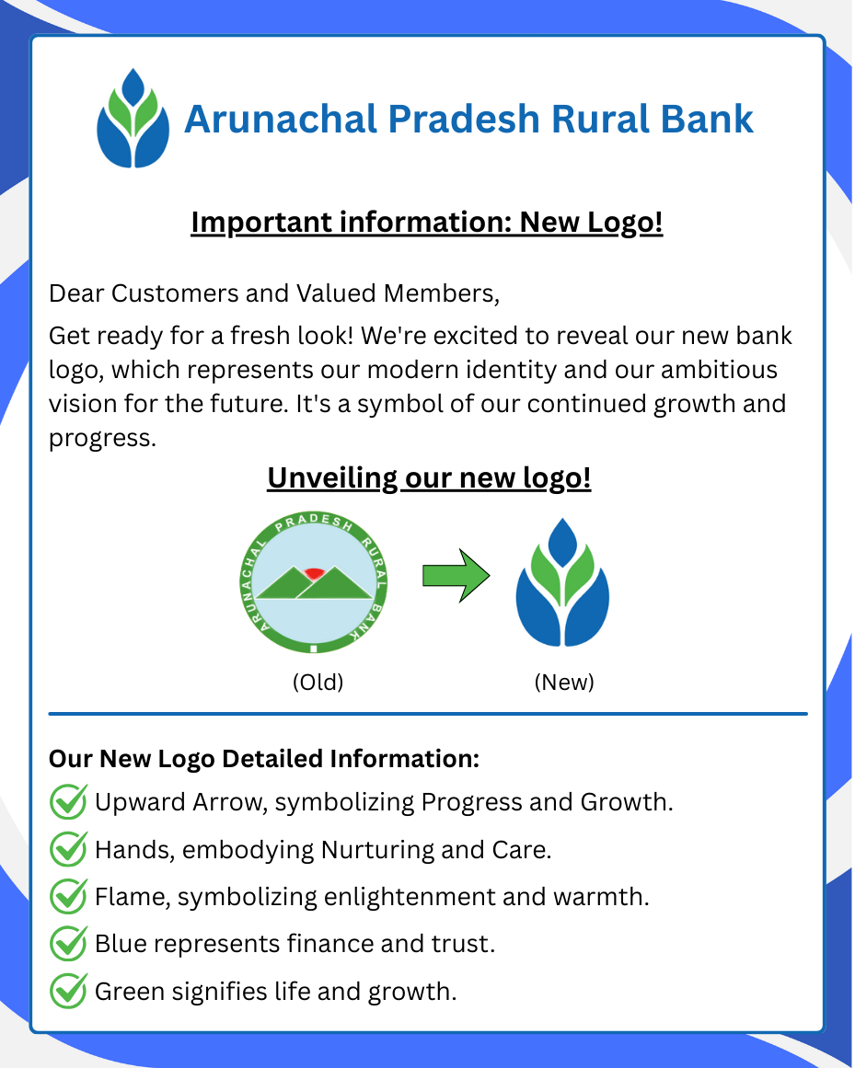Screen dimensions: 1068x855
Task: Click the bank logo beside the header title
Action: (133, 119)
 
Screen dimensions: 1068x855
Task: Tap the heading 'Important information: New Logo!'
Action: (427, 223)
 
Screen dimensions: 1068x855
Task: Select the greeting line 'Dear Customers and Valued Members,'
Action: (274, 293)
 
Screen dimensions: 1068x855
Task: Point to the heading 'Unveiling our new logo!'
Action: (429, 478)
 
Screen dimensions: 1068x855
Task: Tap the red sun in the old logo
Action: (315, 573)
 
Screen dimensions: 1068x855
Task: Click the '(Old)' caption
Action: (318, 683)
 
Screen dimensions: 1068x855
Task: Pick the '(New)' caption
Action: (564, 683)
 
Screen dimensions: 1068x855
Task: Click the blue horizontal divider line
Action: (428, 713)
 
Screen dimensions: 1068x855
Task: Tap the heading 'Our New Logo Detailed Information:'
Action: (264, 759)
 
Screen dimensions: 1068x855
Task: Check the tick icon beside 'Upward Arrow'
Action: (68, 801)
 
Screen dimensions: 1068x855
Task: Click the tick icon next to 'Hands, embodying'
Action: (68, 848)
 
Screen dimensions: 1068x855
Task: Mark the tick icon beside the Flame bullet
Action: (68, 896)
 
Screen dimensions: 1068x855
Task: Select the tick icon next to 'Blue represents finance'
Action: (68, 944)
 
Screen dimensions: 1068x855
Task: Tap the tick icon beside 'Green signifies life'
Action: (68, 991)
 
